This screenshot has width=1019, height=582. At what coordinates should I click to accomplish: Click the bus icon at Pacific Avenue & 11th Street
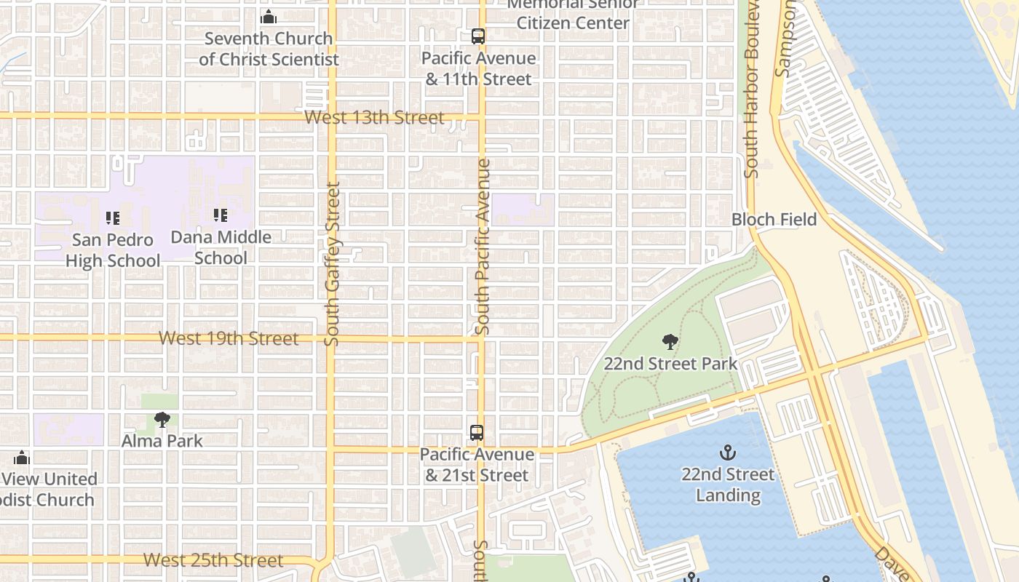(478, 36)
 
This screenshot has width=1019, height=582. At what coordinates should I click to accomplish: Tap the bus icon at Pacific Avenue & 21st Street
(477, 433)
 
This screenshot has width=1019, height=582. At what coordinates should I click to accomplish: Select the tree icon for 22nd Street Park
(670, 342)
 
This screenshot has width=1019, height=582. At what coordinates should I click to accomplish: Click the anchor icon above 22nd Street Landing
(727, 453)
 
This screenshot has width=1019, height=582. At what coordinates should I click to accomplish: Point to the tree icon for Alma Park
(162, 419)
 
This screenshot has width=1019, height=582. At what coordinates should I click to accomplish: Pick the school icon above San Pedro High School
(113, 218)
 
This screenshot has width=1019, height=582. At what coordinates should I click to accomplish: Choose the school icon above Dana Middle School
(221, 215)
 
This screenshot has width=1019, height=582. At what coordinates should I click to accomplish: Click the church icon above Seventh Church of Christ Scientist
(269, 17)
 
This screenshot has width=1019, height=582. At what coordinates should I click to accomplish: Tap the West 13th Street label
(374, 117)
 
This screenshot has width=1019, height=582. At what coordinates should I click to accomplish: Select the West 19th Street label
(229, 338)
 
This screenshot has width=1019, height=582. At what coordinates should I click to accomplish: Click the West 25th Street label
(213, 560)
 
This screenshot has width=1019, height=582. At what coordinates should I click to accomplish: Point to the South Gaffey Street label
(333, 263)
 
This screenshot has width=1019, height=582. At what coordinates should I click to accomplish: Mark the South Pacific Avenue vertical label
(483, 247)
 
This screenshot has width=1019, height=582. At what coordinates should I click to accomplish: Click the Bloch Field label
(774, 219)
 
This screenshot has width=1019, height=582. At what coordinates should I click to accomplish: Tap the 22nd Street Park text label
(670, 364)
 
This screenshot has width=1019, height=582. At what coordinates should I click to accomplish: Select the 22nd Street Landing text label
(728, 485)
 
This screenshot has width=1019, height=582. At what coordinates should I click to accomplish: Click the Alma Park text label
(162, 441)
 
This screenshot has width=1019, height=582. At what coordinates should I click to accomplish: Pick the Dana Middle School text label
(221, 247)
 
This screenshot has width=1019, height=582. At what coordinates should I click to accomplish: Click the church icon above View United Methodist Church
(22, 458)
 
